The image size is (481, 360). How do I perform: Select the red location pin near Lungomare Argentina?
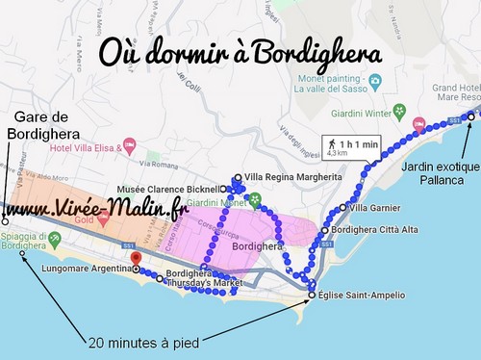coord(135,259)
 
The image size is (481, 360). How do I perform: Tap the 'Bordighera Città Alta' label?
coord(368,230)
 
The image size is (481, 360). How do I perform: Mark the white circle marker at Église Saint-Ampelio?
coord(311,295)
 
